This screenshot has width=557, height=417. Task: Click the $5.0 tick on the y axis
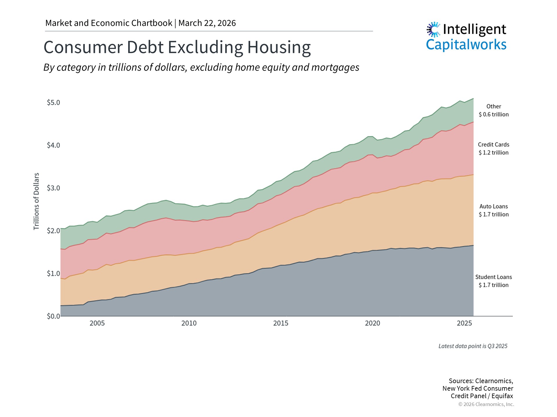pos(53,103)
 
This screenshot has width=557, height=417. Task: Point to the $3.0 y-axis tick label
pos(53,188)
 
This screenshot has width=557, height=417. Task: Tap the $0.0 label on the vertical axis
pos(53,316)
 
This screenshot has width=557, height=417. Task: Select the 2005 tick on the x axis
pos(97,323)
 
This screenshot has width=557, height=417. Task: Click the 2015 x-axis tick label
pos(281,323)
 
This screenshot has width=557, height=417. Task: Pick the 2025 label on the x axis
pos(464,323)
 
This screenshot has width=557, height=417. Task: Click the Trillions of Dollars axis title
pos(36,201)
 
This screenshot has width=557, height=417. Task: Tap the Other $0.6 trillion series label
pos(493,110)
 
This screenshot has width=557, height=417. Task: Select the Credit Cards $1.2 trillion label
pos(493,149)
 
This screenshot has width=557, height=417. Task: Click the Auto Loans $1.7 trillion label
pos(493,211)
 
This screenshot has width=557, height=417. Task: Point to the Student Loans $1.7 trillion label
pos(493,281)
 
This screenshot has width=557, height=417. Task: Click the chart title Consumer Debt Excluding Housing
pos(177,47)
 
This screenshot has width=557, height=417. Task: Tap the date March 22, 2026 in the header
pos(207,23)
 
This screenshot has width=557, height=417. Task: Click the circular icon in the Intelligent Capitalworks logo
pos(433,29)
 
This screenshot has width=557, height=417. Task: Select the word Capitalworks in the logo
pos(466,45)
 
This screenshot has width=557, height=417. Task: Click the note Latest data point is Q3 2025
pos(473,346)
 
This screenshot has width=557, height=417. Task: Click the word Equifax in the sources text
pos(502,396)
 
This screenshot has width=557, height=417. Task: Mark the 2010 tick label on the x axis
pos(189,323)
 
